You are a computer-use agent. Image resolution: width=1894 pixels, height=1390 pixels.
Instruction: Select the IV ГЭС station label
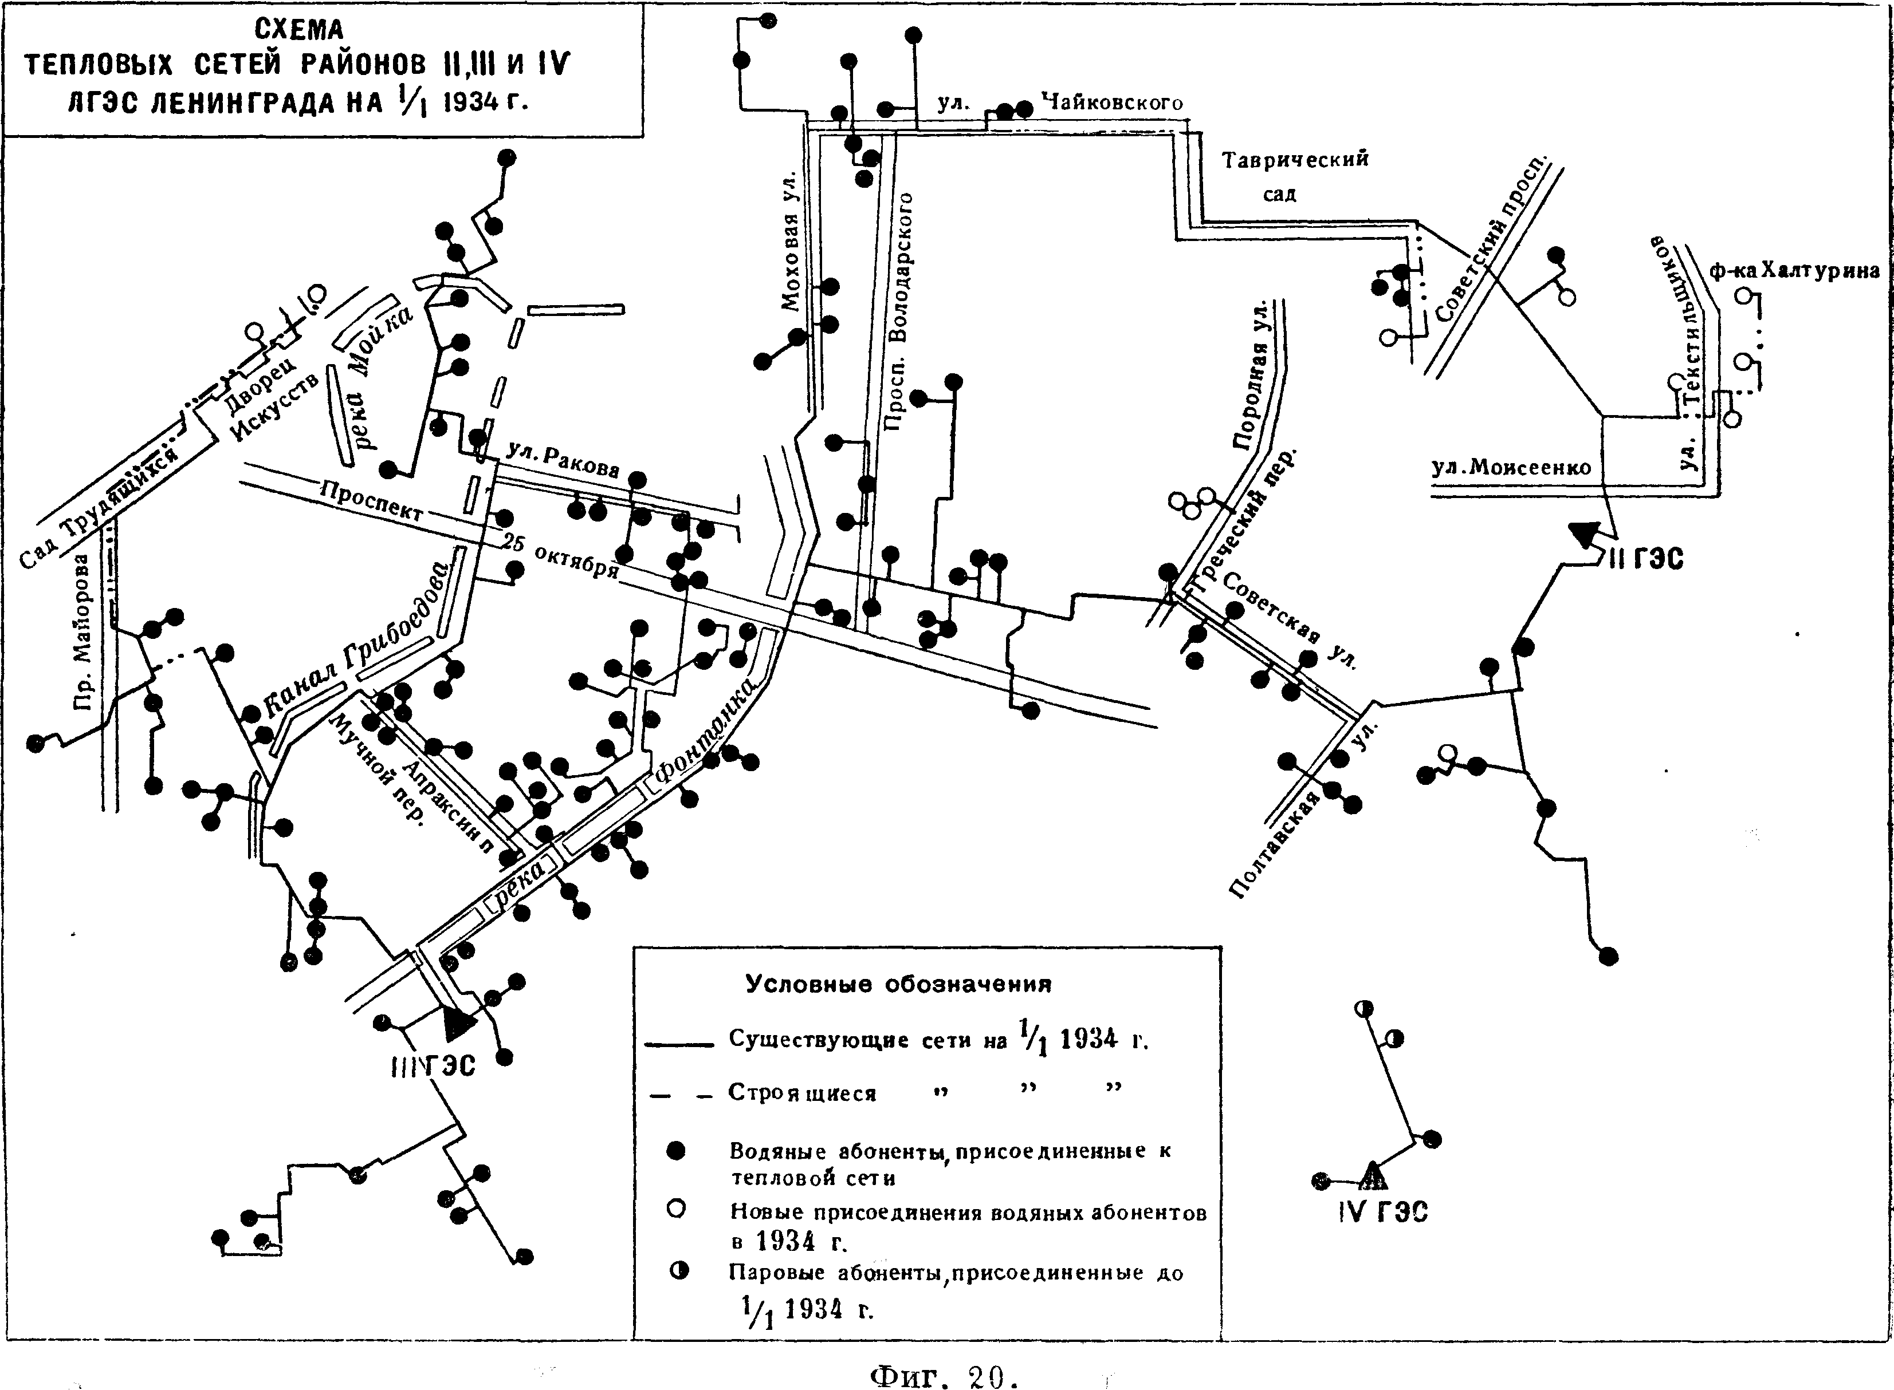pyautogui.click(x=1382, y=1213)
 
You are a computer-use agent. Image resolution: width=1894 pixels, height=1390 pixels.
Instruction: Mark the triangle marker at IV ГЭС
pyautogui.click(x=1372, y=1175)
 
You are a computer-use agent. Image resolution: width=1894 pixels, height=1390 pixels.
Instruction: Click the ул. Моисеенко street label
pyautogui.click(x=1511, y=467)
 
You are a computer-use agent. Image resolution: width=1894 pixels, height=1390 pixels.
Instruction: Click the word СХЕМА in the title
pyautogui.click(x=300, y=30)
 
